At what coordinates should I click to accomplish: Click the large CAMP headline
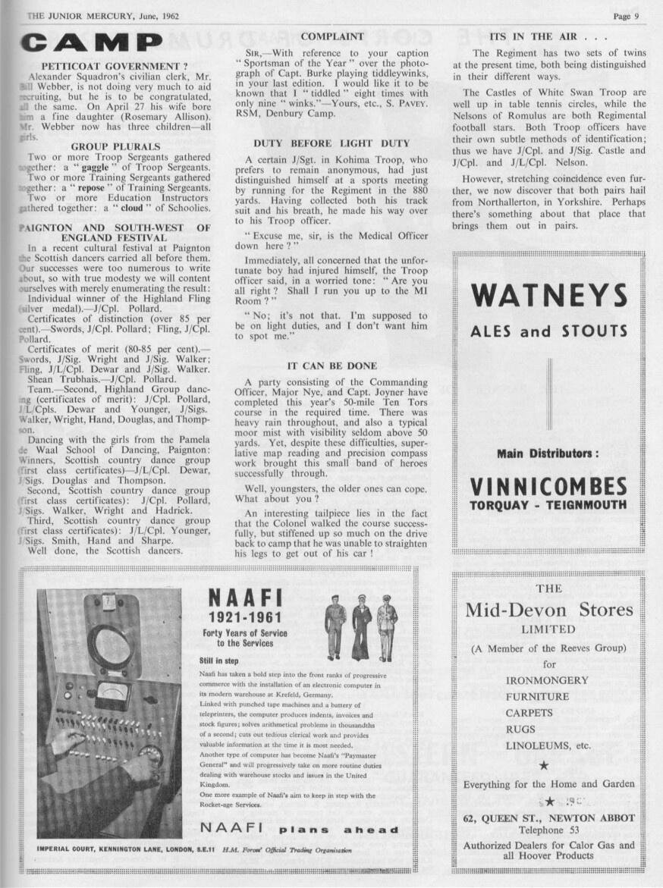(91, 42)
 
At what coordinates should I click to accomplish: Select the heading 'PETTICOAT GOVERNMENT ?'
(114, 66)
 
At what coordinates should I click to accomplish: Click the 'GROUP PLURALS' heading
(115, 146)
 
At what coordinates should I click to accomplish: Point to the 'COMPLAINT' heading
(332, 36)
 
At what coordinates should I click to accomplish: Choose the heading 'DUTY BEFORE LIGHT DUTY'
(331, 143)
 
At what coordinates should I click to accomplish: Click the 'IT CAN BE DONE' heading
(331, 366)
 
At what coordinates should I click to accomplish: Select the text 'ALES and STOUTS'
(548, 331)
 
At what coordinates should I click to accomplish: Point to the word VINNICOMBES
(548, 486)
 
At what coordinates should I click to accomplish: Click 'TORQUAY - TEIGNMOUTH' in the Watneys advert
(548, 505)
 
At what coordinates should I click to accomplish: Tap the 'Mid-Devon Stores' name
(548, 609)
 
